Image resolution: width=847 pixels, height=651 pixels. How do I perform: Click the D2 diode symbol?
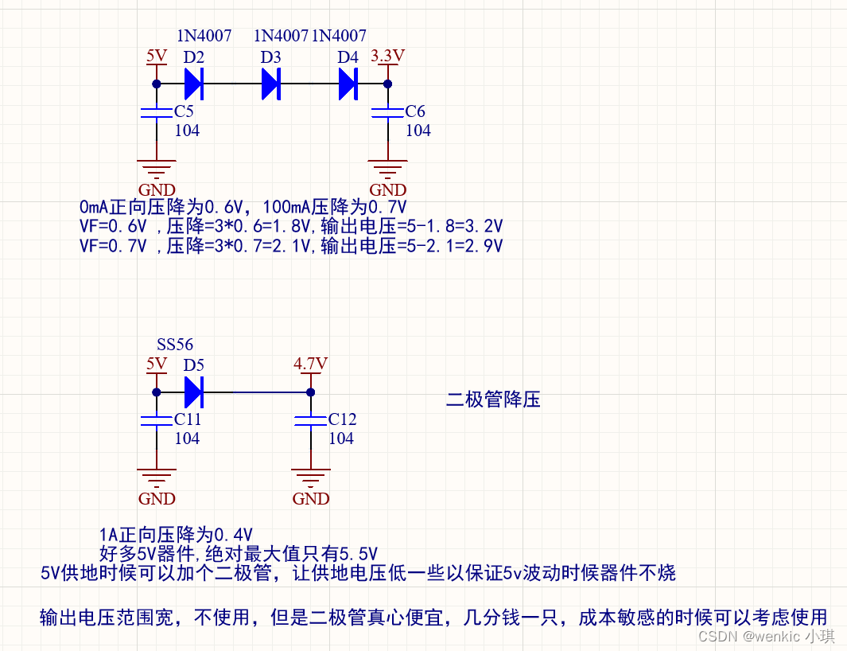194,83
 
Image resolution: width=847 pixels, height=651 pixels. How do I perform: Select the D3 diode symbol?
271,83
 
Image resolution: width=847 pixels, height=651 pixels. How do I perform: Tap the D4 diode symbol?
348,83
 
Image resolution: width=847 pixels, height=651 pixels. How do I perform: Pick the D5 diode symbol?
194,392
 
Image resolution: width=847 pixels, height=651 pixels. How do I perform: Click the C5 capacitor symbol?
156,112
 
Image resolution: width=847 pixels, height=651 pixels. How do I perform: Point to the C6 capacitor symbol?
388,112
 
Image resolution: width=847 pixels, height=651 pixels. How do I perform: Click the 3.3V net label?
388,56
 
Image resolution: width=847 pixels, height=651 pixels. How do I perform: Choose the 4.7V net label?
310,364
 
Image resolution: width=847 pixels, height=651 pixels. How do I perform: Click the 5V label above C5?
157,56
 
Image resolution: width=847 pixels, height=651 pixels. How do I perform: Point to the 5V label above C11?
157,364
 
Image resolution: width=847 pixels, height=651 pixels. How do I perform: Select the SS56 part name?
175,345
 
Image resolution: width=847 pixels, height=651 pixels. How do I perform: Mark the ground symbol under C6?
388,168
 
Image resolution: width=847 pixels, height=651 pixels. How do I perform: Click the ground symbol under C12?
310,477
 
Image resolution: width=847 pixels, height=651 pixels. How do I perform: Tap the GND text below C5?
157,190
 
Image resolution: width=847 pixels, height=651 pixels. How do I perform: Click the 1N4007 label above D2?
204,36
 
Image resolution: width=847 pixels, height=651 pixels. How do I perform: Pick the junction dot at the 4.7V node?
310,392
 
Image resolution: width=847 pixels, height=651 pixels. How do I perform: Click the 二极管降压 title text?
493,400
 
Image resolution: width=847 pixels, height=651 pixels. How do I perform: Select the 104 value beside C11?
187,439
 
